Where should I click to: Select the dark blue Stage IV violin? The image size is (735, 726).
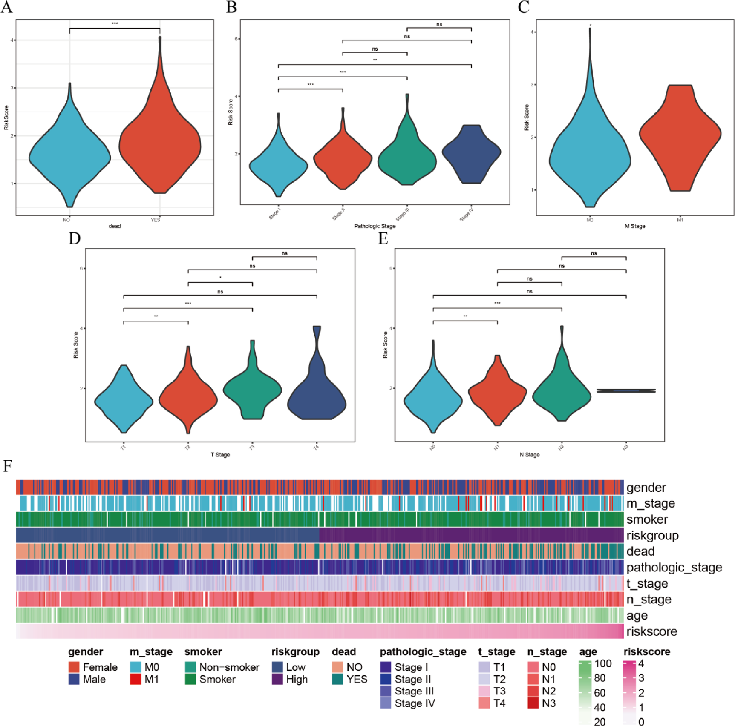471,153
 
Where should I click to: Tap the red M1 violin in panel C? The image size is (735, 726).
680,136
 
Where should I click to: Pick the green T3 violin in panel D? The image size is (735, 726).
252,390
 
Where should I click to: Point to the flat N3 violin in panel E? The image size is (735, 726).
626,390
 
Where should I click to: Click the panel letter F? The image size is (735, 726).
7,466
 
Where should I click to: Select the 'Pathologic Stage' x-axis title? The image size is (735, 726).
375,226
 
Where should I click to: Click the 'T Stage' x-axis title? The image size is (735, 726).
220,455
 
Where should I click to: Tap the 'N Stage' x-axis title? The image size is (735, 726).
529,455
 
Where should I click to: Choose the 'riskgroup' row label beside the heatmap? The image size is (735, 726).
652,536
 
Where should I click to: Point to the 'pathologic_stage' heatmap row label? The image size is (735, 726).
674,568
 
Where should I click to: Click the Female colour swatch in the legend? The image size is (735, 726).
74,667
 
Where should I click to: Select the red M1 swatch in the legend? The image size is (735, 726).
135,679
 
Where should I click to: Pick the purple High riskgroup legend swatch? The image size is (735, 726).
277,679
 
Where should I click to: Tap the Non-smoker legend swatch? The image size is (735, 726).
190,667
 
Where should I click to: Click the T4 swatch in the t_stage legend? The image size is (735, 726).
484,703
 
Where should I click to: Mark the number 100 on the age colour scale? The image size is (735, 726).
602,664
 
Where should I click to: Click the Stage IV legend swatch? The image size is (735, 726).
386,703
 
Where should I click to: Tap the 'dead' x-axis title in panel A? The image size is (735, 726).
115,226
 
